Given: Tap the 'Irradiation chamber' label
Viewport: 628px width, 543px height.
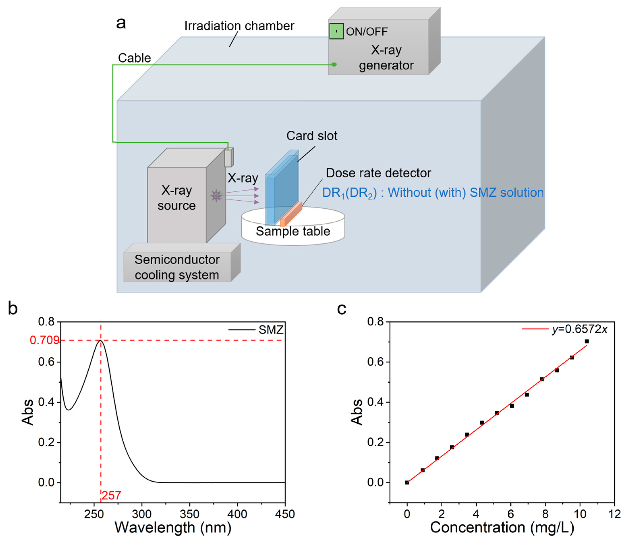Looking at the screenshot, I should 239,26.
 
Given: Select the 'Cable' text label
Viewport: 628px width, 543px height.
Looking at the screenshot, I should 134,58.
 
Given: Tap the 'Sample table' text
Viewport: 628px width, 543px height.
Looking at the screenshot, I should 293,231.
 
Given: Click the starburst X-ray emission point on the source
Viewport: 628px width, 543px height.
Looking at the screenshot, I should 216,196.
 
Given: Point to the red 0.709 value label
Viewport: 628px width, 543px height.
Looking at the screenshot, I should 44,340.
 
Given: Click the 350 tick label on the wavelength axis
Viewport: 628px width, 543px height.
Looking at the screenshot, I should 189,514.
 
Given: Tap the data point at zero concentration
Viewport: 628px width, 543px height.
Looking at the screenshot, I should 407,483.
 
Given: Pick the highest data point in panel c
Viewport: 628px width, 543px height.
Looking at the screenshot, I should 587,341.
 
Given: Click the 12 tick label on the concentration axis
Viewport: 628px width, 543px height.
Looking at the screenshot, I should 614,514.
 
